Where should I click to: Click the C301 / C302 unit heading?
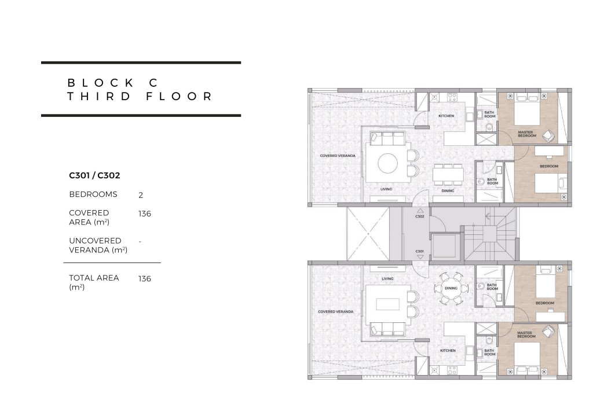click(x=94, y=175)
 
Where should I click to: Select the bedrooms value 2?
click(x=141, y=195)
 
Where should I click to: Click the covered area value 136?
click(x=144, y=214)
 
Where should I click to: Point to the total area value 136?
click(x=144, y=278)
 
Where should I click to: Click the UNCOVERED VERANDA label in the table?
click(x=98, y=245)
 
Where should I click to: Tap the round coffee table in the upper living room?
click(x=388, y=163)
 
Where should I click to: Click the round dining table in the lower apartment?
click(x=451, y=288)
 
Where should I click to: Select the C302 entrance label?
click(x=420, y=216)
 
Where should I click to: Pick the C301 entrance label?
click(x=419, y=251)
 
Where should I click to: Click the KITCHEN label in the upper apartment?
click(x=446, y=116)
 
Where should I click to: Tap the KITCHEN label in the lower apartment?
click(x=448, y=350)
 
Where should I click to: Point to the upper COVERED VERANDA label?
click(x=338, y=156)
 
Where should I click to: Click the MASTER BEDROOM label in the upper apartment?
click(x=527, y=134)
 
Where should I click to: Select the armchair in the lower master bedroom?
click(x=547, y=332)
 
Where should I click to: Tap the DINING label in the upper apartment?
click(x=448, y=191)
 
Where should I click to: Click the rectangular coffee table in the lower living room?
click(x=388, y=304)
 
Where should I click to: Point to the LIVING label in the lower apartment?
click(x=387, y=279)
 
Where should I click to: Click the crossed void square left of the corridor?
click(x=368, y=234)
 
